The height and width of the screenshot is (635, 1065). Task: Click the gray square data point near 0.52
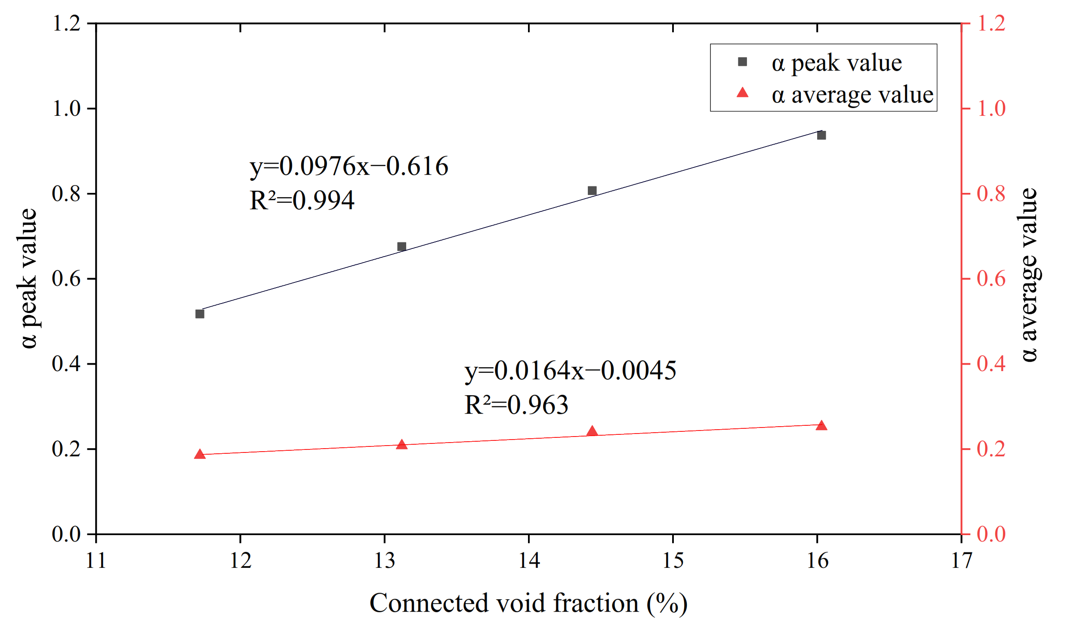click(x=200, y=314)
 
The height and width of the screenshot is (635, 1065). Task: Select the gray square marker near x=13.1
click(x=401, y=247)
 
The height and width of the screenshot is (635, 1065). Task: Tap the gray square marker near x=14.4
click(x=592, y=191)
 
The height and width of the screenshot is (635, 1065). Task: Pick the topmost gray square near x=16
click(x=821, y=135)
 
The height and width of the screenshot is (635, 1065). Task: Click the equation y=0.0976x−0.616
click(x=349, y=166)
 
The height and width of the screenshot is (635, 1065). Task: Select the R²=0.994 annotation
click(x=302, y=200)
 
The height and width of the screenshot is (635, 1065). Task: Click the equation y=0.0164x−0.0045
click(x=570, y=371)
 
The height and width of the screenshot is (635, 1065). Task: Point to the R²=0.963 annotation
click(x=516, y=405)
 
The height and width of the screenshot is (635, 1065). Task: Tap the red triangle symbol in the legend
click(x=743, y=93)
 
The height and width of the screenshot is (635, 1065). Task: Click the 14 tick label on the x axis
click(x=528, y=561)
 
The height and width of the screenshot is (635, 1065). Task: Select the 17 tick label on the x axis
click(x=961, y=561)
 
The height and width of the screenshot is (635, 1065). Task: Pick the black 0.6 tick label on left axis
click(x=66, y=279)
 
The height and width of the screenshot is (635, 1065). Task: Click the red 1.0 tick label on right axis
click(x=991, y=108)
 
